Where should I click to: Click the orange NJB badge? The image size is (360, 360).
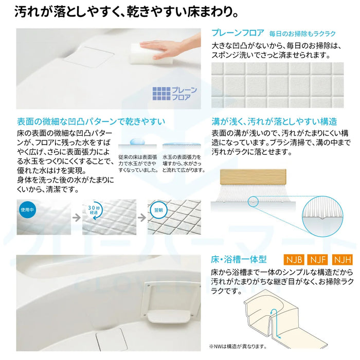coord(294,260)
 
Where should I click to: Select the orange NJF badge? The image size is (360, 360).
coord(318,260)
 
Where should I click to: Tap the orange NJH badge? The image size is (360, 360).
coord(343,260)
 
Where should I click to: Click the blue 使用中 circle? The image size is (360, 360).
coord(27,210)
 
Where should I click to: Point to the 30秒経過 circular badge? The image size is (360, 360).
coord(94,210)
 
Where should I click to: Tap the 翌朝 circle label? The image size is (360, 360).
coord(158,210)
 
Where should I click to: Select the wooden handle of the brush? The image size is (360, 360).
coord(253,177)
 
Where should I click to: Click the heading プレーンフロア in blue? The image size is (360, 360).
coord(238,33)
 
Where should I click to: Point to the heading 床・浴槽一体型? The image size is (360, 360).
coord(239,260)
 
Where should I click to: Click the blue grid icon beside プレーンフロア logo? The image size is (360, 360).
coord(161,94)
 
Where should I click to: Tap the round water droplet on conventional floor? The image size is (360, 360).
coord(137,141)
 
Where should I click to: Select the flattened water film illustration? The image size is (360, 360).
coord(182,144)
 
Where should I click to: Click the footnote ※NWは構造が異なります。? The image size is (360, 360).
coord(238,347)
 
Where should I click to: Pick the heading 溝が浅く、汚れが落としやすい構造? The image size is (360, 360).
coord(274,121)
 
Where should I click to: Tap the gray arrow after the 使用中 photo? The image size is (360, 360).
coord(76,218)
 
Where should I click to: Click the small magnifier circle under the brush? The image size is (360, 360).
coord(253,202)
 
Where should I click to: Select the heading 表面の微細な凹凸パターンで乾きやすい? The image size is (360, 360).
coord(91,121)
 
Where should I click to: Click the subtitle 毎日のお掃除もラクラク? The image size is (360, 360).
coord(302,34)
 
